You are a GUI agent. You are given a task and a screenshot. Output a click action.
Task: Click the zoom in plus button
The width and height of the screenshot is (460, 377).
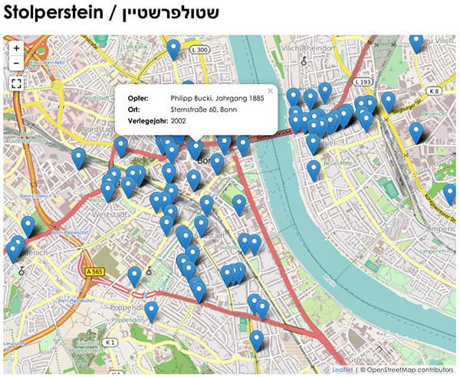[x=16, y=48]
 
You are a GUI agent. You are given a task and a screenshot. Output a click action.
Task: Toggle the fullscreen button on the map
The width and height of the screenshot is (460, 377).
[x=16, y=84]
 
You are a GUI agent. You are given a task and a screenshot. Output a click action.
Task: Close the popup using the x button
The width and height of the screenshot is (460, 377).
[x=269, y=91]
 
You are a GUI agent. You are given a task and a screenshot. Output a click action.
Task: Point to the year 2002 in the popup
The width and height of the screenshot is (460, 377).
[x=179, y=121]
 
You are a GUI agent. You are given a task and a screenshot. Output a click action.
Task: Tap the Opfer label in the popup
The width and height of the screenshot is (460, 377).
[x=139, y=98]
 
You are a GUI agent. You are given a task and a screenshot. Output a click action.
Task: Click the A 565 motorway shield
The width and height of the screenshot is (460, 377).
[x=95, y=271]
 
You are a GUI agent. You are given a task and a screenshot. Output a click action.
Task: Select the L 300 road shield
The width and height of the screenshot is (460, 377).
[x=201, y=50]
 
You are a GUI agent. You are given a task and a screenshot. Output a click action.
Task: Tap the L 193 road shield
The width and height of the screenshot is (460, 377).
[x=363, y=82]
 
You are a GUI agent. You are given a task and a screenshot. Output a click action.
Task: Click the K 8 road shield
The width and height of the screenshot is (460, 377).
[x=435, y=90]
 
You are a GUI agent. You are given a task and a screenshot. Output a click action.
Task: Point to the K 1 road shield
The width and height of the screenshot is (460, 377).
[x=110, y=342]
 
